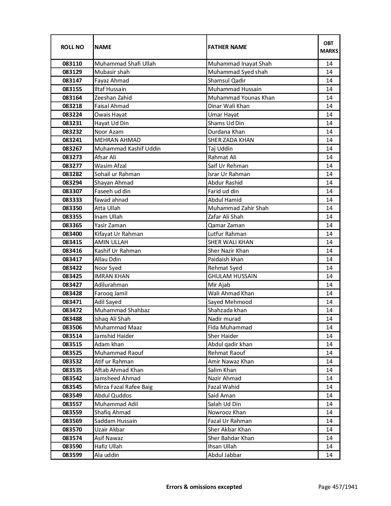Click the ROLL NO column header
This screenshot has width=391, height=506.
pyautogui.click(x=72, y=47)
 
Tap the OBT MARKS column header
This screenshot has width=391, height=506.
pyautogui.click(x=329, y=47)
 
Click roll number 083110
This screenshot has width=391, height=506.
pyautogui.click(x=72, y=64)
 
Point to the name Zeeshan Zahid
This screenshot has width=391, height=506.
pyautogui.click(x=113, y=98)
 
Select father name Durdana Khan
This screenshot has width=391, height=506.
pyautogui.click(x=226, y=132)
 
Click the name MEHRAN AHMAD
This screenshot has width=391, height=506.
pyautogui.click(x=117, y=140)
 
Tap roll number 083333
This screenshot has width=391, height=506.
pyautogui.click(x=72, y=200)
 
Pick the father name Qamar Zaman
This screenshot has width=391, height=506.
pyautogui.click(x=226, y=225)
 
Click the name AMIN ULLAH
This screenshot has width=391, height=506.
pyautogui.click(x=111, y=242)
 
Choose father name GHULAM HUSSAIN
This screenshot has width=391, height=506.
pyautogui.click(x=232, y=276)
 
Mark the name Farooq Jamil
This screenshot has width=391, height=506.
pyautogui.click(x=111, y=293)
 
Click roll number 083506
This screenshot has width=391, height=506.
pyautogui.click(x=72, y=328)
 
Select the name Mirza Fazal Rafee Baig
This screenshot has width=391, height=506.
pyautogui.click(x=123, y=387)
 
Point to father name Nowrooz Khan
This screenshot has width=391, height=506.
pyautogui.click(x=227, y=412)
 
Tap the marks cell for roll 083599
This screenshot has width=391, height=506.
pyautogui.click(x=329, y=455)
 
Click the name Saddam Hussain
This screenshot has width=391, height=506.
pyautogui.click(x=116, y=421)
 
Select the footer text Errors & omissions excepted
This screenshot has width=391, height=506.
pyautogui.click(x=204, y=487)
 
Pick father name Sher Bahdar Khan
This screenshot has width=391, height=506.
pyautogui.click(x=231, y=438)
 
